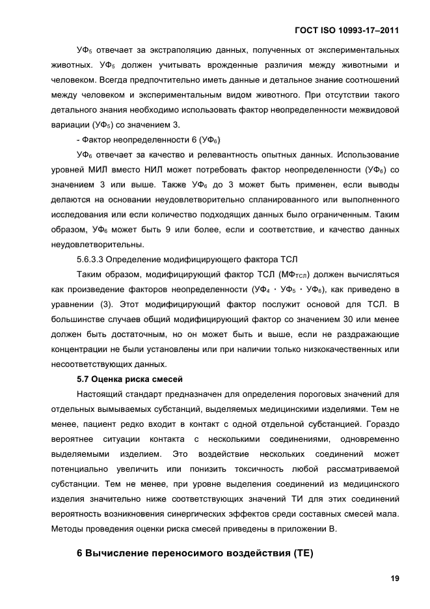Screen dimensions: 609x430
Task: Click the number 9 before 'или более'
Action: coord(165,229)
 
